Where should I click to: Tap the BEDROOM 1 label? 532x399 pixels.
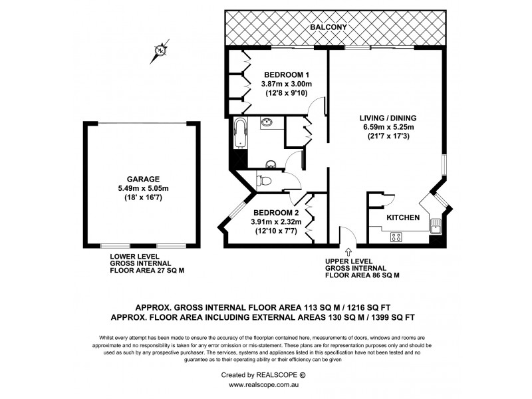click(x=285, y=74)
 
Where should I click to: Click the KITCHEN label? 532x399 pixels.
click(x=403, y=217)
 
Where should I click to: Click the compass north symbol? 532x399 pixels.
click(x=160, y=50)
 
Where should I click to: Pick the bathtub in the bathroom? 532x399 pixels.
click(x=240, y=134)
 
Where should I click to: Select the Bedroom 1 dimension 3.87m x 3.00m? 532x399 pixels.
click(x=285, y=84)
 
